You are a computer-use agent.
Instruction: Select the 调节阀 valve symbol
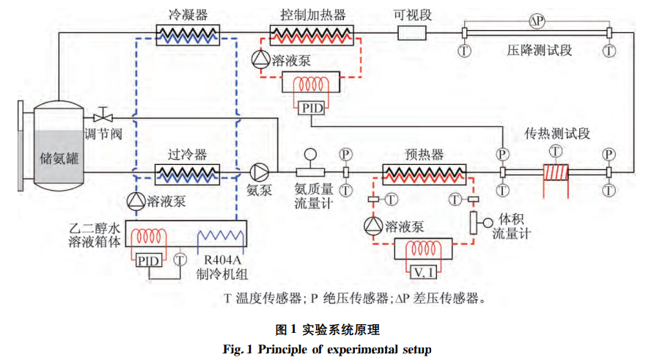pyautogui.click(x=103, y=117)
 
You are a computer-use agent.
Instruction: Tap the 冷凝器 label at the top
pyautogui.click(x=186, y=14)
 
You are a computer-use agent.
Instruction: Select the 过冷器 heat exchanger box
pyautogui.click(x=187, y=173)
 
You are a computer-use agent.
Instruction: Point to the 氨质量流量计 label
pyautogui.click(x=314, y=196)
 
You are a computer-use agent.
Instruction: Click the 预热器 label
pyautogui.click(x=424, y=155)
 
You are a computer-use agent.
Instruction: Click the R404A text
pyautogui.click(x=219, y=260)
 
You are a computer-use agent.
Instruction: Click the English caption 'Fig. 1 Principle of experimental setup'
pyautogui.click(x=327, y=348)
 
